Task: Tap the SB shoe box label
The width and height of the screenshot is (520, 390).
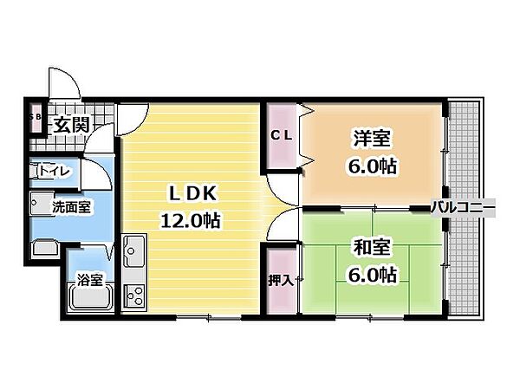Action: point(36,116)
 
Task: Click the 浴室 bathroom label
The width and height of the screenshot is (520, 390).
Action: point(90,279)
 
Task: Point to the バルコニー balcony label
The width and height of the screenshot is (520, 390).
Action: point(464,208)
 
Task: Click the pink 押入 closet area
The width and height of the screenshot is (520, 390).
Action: point(280,282)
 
